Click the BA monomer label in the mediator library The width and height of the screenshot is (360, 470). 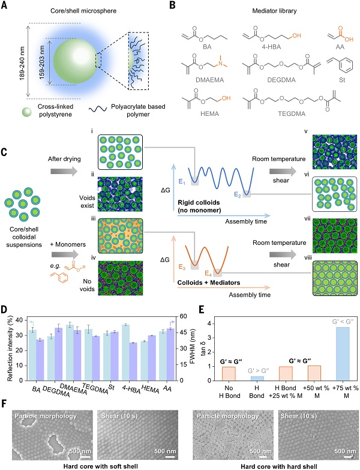(x=207, y=47)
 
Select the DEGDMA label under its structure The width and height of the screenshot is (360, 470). (x=281, y=80)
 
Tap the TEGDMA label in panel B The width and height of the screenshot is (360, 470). (x=292, y=114)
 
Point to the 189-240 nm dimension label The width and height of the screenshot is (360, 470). (x=22, y=63)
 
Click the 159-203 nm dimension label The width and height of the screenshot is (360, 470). (x=41, y=62)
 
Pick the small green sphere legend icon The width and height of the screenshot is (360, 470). (x=26, y=112)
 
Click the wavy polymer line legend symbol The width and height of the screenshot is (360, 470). (x=98, y=109)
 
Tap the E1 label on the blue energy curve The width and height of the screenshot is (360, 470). (x=182, y=181)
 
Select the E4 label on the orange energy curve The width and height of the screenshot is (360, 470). (x=208, y=273)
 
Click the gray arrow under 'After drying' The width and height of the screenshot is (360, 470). (x=64, y=172)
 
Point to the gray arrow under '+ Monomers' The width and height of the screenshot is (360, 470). (x=65, y=255)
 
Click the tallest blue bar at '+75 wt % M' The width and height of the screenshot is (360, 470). (x=343, y=354)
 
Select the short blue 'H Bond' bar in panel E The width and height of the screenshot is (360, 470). (x=257, y=378)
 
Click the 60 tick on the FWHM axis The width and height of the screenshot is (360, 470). (x=183, y=316)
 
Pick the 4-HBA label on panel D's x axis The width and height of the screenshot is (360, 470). (x=131, y=389)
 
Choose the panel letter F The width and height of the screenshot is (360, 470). (x=4, y=403)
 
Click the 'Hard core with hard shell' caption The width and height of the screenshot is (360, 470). (x=279, y=466)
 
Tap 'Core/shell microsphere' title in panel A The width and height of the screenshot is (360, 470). (x=83, y=11)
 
